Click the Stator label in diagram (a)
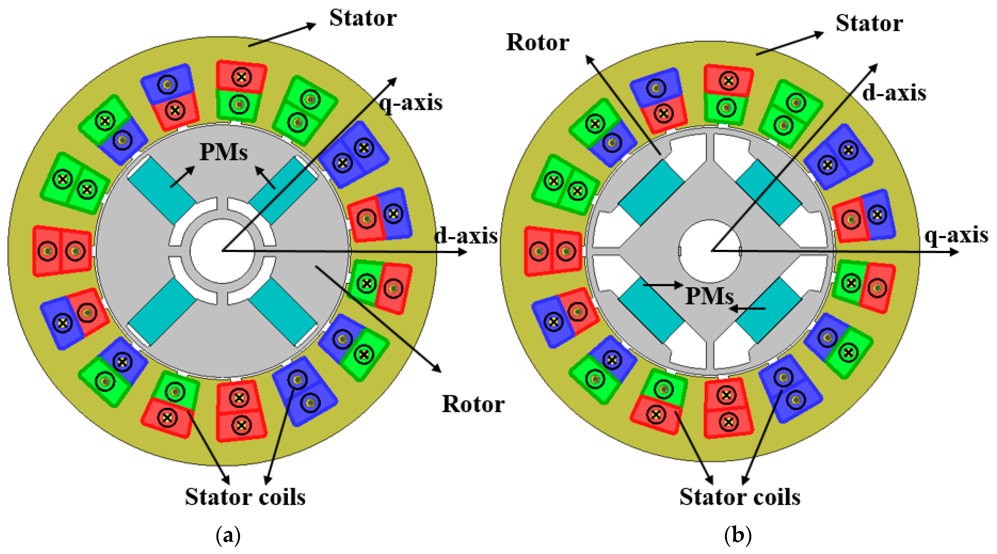tap(363, 18)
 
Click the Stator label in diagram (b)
tap(869, 23)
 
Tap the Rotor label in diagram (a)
tap(473, 405)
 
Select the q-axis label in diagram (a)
tap(411, 103)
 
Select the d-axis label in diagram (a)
tap(466, 235)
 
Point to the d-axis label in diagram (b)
tap(894, 93)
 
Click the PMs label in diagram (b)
tap(709, 296)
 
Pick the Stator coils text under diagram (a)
tap(245, 497)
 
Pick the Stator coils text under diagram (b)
tap(740, 497)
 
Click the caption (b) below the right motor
tap(738, 536)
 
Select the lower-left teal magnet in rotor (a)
tap(162, 312)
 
